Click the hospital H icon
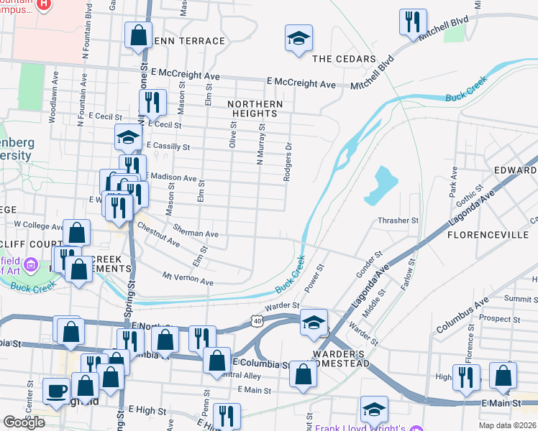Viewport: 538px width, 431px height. point(45,4)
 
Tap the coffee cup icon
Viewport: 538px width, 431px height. point(57,391)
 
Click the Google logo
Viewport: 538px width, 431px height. point(24,422)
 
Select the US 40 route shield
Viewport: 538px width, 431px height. point(257,320)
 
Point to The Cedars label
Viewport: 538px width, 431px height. point(344,59)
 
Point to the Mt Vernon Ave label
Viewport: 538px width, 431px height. point(188,279)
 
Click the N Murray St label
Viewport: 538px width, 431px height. point(261,144)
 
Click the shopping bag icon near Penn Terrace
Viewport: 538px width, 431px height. point(137,34)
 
